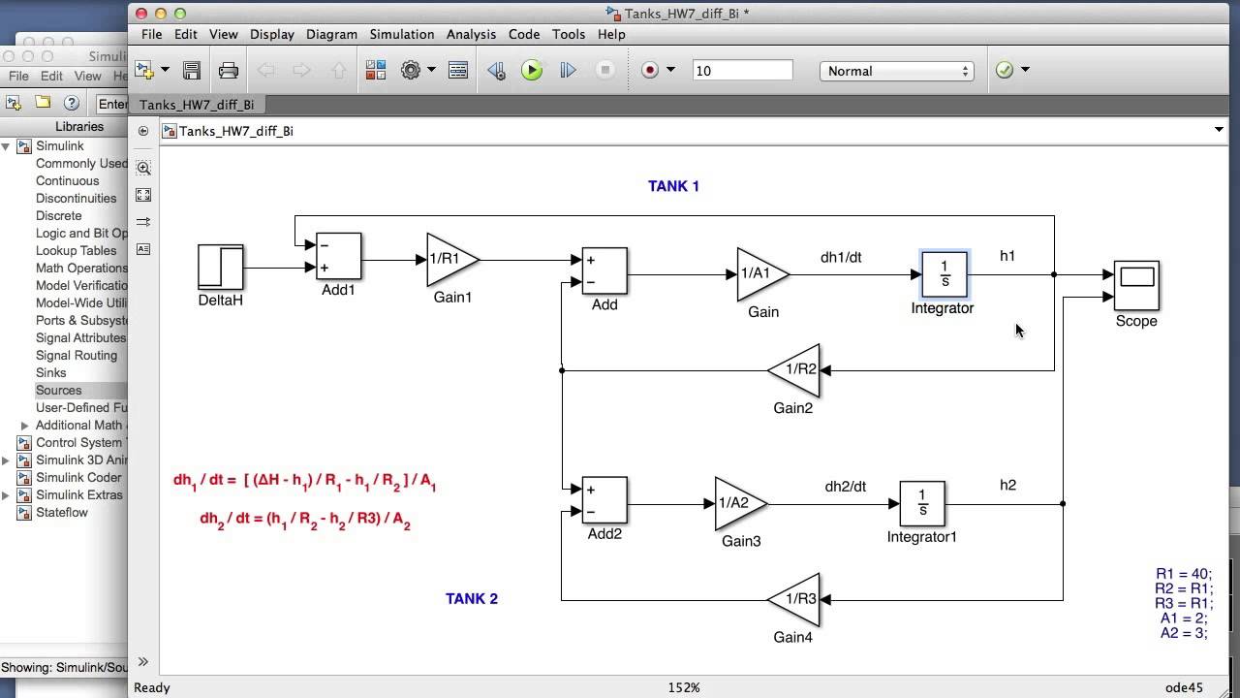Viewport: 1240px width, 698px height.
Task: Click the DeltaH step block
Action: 221,267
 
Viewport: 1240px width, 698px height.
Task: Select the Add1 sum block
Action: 338,257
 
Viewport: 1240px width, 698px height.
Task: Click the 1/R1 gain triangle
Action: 449,260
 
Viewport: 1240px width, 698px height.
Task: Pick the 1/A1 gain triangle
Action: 759,274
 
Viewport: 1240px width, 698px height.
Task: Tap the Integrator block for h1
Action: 945,274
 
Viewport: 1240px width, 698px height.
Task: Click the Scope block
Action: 1136,285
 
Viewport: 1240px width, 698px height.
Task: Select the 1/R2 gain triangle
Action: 797,370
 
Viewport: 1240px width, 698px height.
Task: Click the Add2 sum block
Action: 604,501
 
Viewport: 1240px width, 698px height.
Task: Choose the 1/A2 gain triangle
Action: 737,504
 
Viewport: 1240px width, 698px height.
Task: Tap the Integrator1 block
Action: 922,504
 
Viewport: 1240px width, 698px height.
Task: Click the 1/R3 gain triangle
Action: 797,599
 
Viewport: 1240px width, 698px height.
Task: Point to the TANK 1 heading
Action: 673,186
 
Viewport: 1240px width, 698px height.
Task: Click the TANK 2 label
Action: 472,599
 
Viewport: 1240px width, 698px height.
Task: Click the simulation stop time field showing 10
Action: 742,71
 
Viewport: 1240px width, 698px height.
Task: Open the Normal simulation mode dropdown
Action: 897,71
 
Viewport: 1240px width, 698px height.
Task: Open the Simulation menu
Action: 401,34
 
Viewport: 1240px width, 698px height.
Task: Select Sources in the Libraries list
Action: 59,390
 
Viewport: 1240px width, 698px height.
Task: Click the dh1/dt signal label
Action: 841,258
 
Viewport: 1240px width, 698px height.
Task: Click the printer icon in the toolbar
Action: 229,71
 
